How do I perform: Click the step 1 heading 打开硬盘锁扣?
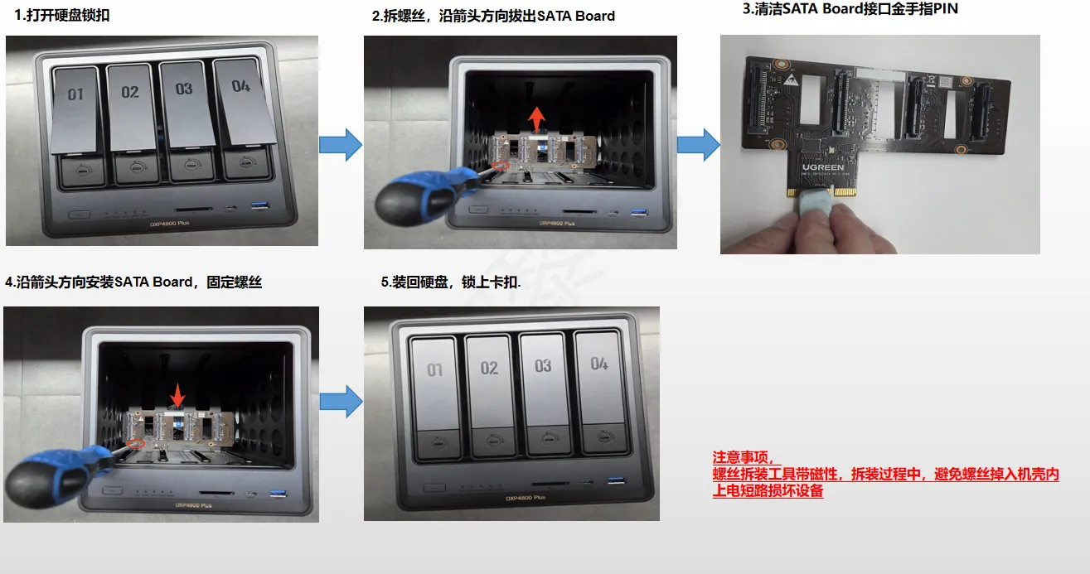tap(68, 15)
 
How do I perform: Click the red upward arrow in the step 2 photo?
tap(536, 119)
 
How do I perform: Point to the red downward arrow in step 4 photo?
tap(177, 395)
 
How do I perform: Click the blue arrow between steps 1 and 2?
tap(341, 144)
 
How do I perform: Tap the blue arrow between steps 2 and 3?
tap(698, 144)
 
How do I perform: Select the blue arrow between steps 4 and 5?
tap(342, 402)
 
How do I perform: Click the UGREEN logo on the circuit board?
tap(823, 167)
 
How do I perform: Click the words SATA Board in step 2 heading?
tap(576, 16)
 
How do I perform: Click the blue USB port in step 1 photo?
tap(259, 205)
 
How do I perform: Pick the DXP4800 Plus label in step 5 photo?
tap(526, 498)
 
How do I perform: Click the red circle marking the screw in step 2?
tap(500, 166)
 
